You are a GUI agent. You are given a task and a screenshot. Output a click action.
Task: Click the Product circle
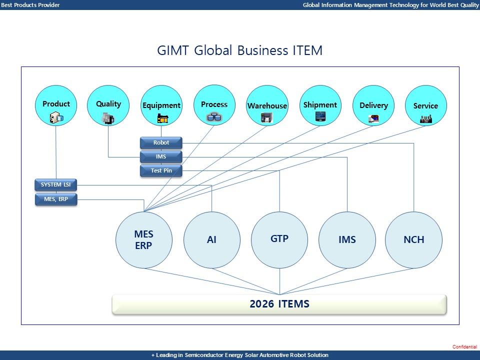56,106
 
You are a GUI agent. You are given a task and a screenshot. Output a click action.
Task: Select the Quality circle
108,106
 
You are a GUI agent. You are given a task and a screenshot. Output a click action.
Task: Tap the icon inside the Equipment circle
162,118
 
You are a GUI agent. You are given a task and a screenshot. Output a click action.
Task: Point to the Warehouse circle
267,106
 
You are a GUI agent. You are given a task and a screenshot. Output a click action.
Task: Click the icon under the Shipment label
320,116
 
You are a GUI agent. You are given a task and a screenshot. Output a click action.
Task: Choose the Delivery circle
373,106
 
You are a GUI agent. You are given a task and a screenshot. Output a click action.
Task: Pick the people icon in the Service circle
425,118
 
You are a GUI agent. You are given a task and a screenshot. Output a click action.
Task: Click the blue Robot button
161,143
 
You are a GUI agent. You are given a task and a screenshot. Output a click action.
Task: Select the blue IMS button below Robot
161,157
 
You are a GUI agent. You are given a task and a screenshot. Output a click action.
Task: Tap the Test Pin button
161,171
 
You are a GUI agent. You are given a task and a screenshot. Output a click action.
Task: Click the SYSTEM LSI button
56,185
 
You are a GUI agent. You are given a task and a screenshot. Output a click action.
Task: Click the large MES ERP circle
144,240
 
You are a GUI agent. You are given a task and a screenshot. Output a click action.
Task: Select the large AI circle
212,240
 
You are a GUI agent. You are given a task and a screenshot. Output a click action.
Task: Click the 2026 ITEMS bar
279,304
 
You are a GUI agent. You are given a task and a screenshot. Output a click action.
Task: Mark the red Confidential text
464,346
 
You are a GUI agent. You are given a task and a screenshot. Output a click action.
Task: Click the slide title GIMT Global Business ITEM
240,50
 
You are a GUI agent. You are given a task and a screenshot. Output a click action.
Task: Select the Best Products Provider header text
30,4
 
